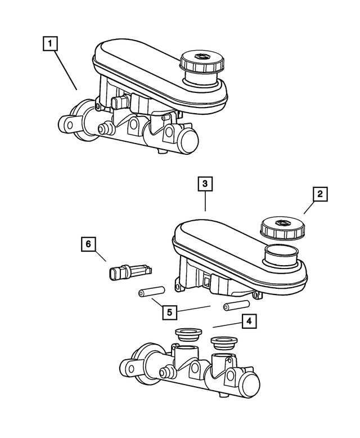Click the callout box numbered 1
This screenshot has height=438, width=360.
pos(51,43)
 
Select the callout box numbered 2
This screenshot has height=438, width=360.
pos(319,195)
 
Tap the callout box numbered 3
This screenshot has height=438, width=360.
pos(205,184)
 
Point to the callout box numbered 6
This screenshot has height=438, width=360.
pos(88,244)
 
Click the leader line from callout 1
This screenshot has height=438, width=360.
pos(66,70)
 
